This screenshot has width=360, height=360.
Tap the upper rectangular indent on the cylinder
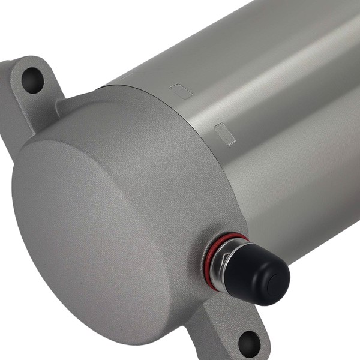click(x=181, y=91)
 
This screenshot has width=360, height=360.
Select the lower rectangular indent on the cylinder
click(x=224, y=133)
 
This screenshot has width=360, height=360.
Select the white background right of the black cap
click(x=330, y=300)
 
